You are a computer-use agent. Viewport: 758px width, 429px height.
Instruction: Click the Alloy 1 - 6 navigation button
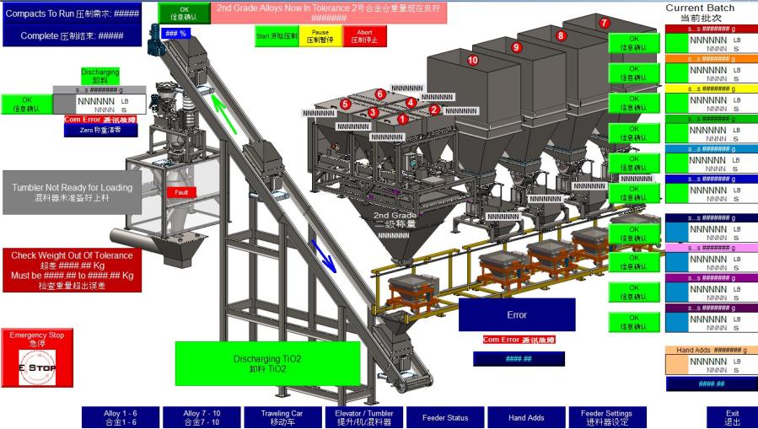[120, 417]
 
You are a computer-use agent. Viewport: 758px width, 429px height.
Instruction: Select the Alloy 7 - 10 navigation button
[202, 417]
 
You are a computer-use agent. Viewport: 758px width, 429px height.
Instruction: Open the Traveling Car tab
[282, 417]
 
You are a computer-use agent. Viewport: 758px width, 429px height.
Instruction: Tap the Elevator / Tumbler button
[364, 417]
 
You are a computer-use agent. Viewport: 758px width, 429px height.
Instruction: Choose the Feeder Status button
[444, 417]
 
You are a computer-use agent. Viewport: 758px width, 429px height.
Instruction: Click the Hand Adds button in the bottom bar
[526, 417]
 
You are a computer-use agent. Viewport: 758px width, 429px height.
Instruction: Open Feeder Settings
[608, 417]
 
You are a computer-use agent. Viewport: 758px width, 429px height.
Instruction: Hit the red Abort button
[365, 35]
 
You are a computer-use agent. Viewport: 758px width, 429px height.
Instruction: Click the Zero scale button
[100, 131]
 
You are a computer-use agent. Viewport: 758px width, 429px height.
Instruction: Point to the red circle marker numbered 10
[472, 60]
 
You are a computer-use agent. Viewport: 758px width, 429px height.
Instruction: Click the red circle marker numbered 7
[604, 24]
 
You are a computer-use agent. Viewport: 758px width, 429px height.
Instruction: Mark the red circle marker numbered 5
[345, 105]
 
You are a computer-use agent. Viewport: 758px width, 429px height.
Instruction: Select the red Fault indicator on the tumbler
[181, 192]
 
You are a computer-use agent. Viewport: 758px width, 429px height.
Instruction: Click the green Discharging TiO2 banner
[261, 363]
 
